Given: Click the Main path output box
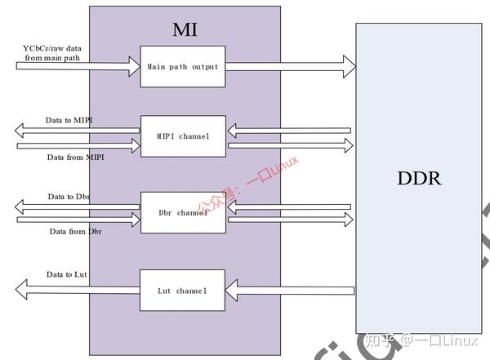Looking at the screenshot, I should [x=183, y=67].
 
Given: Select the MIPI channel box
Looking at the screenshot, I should [x=183, y=136].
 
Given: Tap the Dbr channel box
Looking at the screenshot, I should [x=183, y=212].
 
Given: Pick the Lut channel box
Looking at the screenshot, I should [x=183, y=290].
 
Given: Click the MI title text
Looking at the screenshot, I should [x=185, y=30].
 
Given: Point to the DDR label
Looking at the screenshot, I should [x=419, y=177].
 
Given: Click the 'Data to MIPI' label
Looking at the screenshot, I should [x=69, y=121].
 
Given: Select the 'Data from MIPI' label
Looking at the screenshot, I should [x=74, y=157].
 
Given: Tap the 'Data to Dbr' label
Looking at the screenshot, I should [x=69, y=197].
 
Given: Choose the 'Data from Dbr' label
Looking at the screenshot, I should [x=75, y=231].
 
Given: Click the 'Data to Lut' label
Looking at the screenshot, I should [x=66, y=274].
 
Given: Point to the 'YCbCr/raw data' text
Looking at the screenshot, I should [x=51, y=48].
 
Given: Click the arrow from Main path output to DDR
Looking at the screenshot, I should [x=290, y=67].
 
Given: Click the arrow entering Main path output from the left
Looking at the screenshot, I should [x=78, y=67].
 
